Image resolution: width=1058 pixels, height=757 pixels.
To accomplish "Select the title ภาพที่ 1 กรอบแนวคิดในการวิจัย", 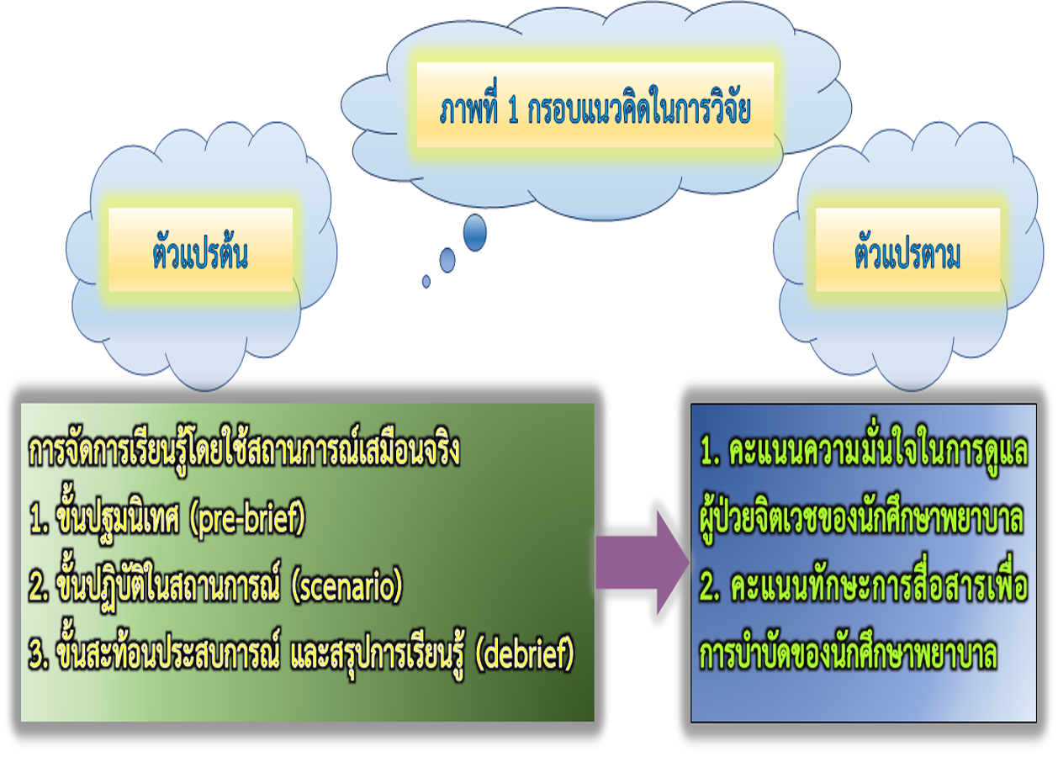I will tap(594, 112).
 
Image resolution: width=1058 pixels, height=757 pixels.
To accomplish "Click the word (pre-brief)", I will tap(247, 522).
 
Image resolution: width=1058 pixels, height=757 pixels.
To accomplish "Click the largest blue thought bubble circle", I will tap(475, 232).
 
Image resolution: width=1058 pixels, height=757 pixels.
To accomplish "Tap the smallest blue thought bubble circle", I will tap(426, 282).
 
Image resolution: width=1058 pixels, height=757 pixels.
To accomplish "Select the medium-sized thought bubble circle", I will tap(447, 260).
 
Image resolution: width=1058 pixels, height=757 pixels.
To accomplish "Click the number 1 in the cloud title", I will tap(513, 113).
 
